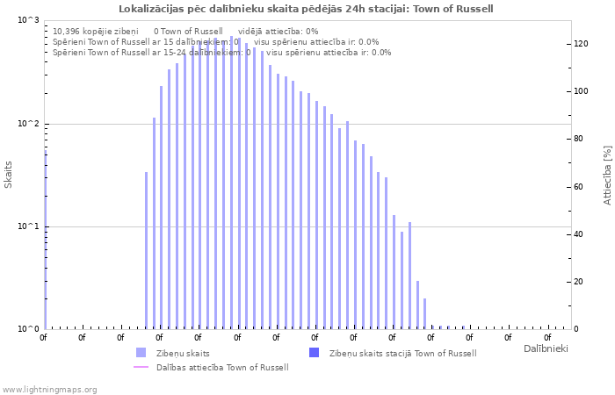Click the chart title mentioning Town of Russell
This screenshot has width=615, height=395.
pos(306,9)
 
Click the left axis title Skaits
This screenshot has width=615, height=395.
pos(9,175)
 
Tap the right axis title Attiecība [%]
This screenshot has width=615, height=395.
pos(607,175)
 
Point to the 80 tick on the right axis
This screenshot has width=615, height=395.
pos(579,139)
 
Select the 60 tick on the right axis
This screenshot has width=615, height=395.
pos(579,187)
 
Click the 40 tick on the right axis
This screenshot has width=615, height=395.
pos(579,234)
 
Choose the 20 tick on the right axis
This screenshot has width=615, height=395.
pos(579,282)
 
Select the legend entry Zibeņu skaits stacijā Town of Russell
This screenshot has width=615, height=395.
pos(402,353)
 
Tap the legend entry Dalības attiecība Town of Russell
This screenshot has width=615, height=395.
pos(221,367)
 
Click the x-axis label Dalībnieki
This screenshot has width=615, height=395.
pos(546,349)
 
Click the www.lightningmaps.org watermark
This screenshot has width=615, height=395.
pos(50,389)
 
